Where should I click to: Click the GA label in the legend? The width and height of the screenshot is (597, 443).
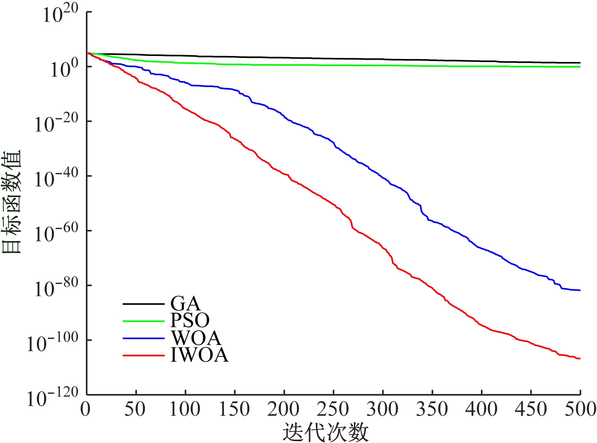pyautogui.click(x=186, y=304)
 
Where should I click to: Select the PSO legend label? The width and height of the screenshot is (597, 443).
pyautogui.click(x=190, y=320)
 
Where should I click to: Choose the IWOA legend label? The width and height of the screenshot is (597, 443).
pyautogui.click(x=199, y=355)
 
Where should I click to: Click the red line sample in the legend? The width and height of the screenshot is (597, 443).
pyautogui.click(x=143, y=355)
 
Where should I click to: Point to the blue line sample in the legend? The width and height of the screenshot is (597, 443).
pyautogui.click(x=143, y=339)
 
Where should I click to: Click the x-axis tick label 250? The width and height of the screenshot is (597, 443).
pyautogui.click(x=333, y=409)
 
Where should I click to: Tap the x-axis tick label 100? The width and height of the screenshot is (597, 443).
pyautogui.click(x=185, y=409)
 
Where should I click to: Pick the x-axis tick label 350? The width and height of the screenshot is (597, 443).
pyautogui.click(x=432, y=409)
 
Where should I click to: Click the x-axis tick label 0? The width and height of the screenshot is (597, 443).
pyautogui.click(x=85, y=409)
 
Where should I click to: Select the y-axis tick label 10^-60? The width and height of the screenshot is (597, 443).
pyautogui.click(x=56, y=234)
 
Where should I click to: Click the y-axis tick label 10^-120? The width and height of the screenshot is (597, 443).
pyautogui.click(x=52, y=398)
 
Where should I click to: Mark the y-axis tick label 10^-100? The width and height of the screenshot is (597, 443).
pyautogui.click(x=52, y=343)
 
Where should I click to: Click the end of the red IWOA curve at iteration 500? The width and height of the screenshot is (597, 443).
pyautogui.click(x=580, y=359)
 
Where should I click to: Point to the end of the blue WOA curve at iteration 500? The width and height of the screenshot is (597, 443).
pyautogui.click(x=580, y=290)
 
